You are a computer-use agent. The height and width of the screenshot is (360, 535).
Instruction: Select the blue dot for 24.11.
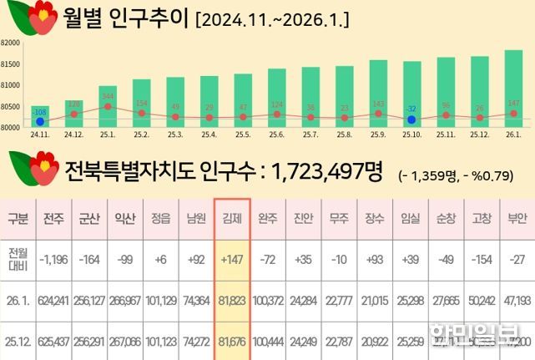[x=39, y=121]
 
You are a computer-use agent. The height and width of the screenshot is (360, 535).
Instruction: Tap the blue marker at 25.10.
[x=411, y=119]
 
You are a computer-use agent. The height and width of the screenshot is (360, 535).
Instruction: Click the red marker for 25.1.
[x=108, y=106]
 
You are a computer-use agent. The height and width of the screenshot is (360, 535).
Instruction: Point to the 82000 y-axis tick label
[x=10, y=42]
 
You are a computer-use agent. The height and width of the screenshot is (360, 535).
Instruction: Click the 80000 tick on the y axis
[x=10, y=128]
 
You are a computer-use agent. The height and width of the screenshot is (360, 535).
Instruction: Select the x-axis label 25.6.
[x=276, y=134]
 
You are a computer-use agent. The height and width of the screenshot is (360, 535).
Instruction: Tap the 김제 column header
[x=232, y=220]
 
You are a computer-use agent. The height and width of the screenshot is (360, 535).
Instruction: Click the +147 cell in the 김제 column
[x=232, y=260]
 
